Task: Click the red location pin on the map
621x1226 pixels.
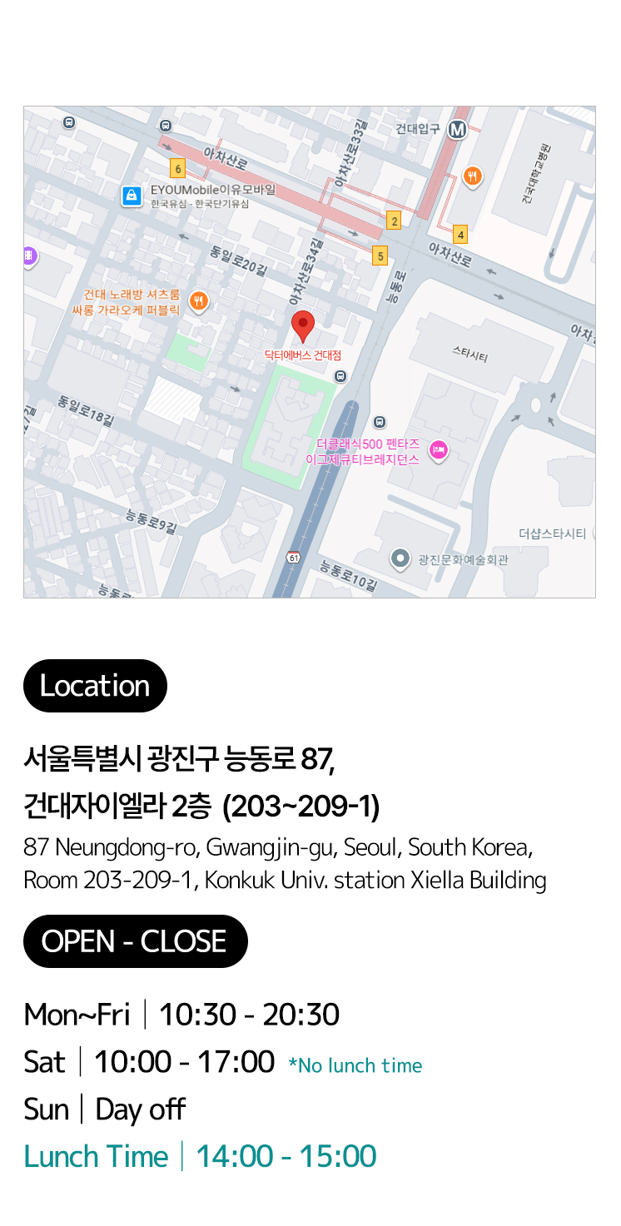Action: tap(303, 325)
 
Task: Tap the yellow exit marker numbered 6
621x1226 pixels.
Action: tap(177, 169)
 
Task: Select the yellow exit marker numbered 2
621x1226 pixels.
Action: tap(394, 221)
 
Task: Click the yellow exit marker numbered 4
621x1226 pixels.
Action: tap(460, 235)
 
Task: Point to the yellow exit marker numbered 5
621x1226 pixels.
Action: tap(380, 256)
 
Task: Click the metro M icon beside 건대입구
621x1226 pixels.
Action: tap(457, 130)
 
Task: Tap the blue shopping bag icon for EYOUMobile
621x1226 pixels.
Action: tap(131, 196)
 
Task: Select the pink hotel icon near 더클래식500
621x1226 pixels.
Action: tap(438, 450)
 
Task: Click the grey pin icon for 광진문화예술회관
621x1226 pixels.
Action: tap(400, 558)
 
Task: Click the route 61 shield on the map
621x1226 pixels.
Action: tap(294, 557)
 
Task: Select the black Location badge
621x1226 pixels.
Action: tap(95, 686)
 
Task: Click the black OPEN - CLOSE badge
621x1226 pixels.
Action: tap(135, 941)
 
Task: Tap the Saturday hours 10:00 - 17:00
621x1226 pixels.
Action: tap(184, 1062)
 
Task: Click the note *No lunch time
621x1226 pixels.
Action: tap(355, 1066)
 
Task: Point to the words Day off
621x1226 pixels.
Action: tap(140, 1109)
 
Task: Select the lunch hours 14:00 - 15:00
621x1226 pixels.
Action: tap(286, 1157)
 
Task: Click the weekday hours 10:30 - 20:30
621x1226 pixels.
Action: tap(249, 1015)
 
